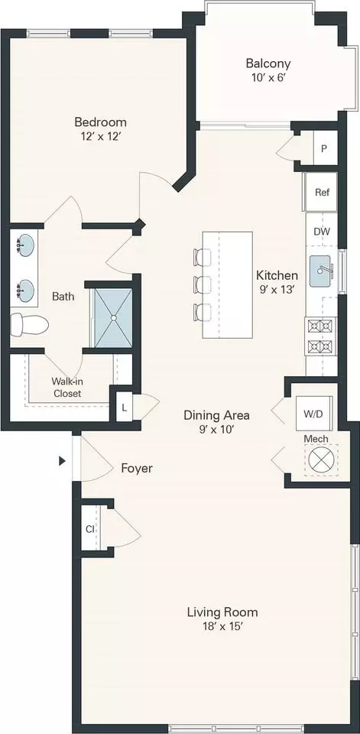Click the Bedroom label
tap(101, 122)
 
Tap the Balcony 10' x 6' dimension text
tap(268, 77)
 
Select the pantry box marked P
tap(326, 148)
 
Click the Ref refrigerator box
tap(321, 192)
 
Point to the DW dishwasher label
tap(322, 231)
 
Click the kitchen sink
tap(323, 271)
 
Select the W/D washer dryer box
tap(314, 414)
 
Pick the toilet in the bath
tap(30, 324)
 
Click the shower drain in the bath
tap(113, 318)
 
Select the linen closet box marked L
tap(124, 407)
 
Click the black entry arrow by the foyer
tap(62, 461)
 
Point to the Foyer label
tap(137, 468)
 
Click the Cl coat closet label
tap(89, 529)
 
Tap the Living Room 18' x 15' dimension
tap(222, 627)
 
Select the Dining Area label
tap(216, 414)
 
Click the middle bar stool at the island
tap(203, 284)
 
